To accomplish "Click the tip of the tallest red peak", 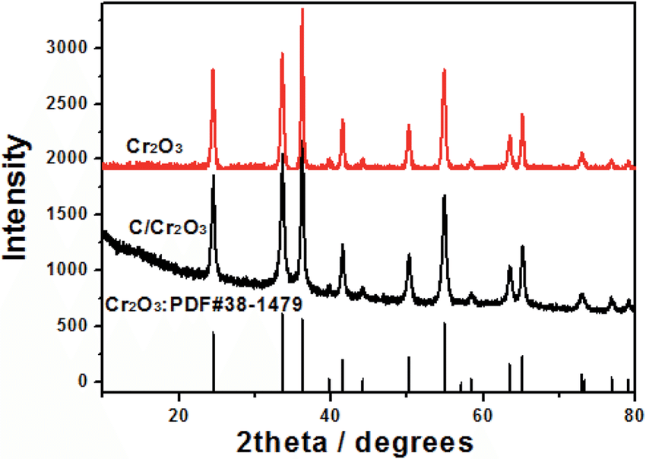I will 302,9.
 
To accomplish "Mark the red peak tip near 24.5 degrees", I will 213,70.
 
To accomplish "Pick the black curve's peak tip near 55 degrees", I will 445,196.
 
